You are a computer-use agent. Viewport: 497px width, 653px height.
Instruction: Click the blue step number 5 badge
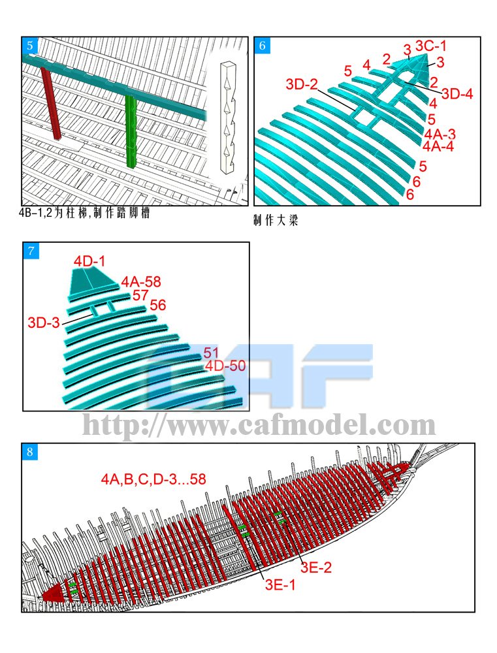pyautogui.click(x=30, y=46)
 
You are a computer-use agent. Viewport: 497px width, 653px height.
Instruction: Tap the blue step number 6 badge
pyautogui.click(x=263, y=46)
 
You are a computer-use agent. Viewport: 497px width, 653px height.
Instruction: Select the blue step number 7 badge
pyautogui.click(x=31, y=251)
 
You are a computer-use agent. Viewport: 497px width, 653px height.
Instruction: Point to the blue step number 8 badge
pyautogui.click(x=30, y=452)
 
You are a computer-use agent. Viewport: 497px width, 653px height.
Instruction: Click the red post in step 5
pyautogui.click(x=51, y=103)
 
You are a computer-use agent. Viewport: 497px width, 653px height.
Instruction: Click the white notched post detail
pyautogui.click(x=227, y=118)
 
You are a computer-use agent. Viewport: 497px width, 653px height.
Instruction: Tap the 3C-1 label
pyautogui.click(x=430, y=46)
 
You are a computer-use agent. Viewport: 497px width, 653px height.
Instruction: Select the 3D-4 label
pyautogui.click(x=457, y=93)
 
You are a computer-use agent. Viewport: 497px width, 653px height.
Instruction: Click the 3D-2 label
pyautogui.click(x=302, y=84)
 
